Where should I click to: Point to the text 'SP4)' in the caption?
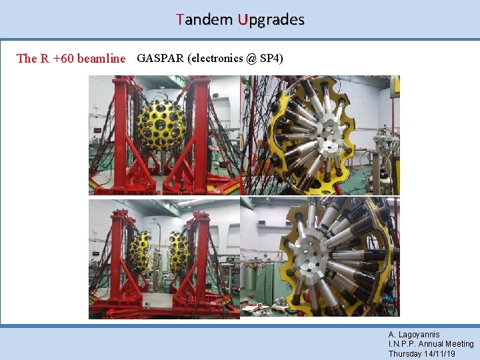(271, 58)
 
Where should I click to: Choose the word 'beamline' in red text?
(101, 58)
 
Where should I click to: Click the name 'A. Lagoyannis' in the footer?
(414, 334)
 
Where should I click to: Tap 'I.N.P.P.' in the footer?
(403, 344)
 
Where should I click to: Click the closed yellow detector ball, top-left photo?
(161, 124)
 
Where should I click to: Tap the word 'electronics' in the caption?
(215, 58)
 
